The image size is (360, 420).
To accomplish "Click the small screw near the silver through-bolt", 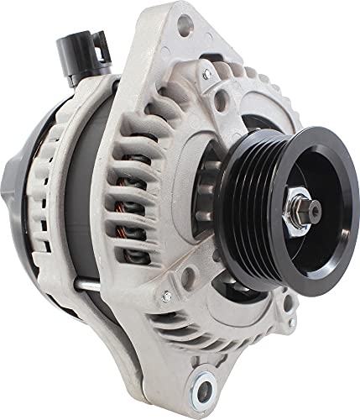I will [x=165, y=296].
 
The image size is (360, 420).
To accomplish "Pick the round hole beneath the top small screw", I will [x=221, y=102].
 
